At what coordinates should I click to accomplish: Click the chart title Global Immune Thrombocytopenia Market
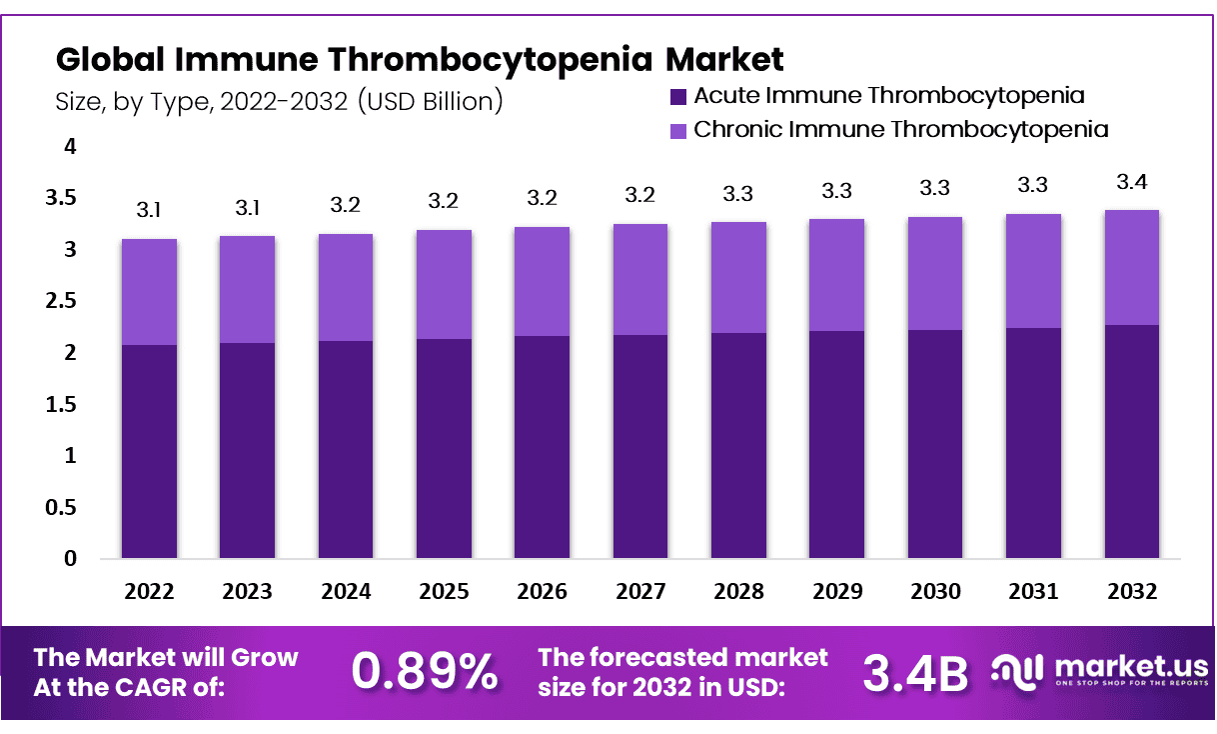tap(420, 60)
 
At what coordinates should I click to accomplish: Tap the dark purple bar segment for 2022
tap(149, 451)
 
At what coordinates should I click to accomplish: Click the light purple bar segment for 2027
tap(640, 279)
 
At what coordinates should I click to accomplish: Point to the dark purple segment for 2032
tap(1131, 441)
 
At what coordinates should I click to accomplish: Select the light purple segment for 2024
tap(346, 287)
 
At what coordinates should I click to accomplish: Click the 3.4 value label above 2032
tap(1131, 183)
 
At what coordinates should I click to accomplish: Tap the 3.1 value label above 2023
tap(247, 209)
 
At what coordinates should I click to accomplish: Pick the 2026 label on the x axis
tap(542, 591)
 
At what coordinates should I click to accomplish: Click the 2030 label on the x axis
tap(935, 591)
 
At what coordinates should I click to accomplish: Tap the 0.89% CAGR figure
tap(426, 672)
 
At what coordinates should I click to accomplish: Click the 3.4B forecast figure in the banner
tap(915, 674)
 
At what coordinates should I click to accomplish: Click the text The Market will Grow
tap(166, 657)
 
